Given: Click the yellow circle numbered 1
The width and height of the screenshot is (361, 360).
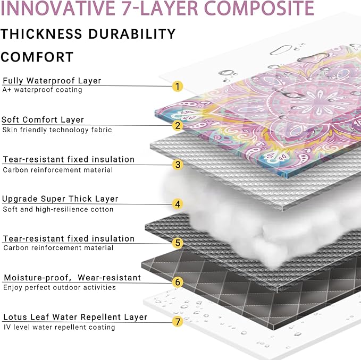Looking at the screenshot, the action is click(177, 87).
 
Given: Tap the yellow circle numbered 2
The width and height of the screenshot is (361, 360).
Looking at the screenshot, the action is click(177, 125).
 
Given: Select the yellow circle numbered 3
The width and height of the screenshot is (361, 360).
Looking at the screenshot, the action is click(178, 165).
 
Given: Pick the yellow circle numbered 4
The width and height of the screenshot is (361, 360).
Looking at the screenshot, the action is click(178, 204).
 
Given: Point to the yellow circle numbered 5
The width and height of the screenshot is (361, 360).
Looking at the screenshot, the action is click(178, 243).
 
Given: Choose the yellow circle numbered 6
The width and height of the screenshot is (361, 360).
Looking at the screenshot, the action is click(178, 282).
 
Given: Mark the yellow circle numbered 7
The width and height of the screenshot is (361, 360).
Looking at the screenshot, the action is click(178, 321).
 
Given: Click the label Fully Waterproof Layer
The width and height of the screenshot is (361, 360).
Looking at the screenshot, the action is click(52, 81).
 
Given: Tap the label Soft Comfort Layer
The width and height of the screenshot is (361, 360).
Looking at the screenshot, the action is click(43, 120).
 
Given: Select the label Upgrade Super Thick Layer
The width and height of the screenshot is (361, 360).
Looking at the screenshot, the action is click(60, 199).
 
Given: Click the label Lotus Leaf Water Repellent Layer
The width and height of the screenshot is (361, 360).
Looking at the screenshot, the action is click(75, 317).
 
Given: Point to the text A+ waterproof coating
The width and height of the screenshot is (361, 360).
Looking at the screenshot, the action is click(42, 90).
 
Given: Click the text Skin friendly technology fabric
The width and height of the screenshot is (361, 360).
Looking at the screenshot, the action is click(57, 130).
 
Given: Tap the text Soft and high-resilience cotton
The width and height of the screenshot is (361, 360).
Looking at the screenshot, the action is click(58, 209).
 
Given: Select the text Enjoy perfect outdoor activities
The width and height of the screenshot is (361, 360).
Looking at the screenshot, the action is click(60, 288).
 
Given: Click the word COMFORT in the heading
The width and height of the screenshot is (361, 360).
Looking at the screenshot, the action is click(37, 57).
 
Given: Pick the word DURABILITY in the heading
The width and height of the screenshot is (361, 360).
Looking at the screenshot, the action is click(132, 34).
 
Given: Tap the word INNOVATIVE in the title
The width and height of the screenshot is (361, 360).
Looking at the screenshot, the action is click(58, 8).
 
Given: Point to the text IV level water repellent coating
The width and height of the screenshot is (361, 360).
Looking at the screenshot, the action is click(60, 327).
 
